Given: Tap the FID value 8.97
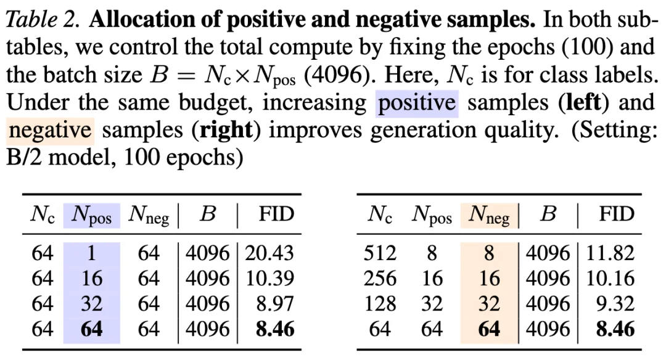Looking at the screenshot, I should [x=275, y=304].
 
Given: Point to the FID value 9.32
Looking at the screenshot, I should [x=615, y=304].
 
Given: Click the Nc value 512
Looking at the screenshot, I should [x=380, y=253].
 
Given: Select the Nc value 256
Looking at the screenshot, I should [x=380, y=279].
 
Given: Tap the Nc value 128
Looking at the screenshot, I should [x=380, y=304].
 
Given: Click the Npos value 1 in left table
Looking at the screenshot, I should [x=92, y=253].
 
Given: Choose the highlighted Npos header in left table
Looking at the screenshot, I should [x=91, y=215].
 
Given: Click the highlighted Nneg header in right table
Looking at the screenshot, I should [x=489, y=215].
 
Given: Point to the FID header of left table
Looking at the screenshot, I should [x=276, y=214].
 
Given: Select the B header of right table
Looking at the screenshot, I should [x=548, y=214].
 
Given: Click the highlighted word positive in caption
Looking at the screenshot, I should [x=417, y=103].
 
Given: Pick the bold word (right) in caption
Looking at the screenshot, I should [x=227, y=131].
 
